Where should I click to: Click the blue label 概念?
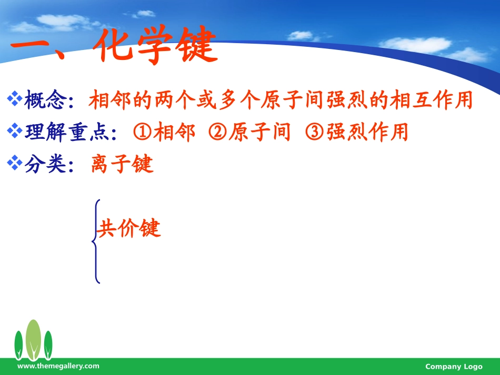click(45, 100)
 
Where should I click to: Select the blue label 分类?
click(45, 165)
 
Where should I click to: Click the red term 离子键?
click(122, 165)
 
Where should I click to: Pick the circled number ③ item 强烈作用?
click(357, 132)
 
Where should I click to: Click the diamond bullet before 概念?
click(15, 99)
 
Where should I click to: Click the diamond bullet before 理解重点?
click(15, 131)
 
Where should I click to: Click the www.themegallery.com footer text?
click(58, 366)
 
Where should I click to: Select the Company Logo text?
click(453, 367)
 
